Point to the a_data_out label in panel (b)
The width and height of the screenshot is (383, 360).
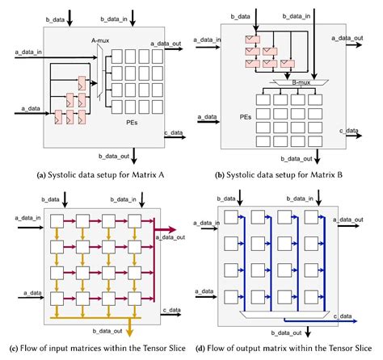click(x=355, y=37)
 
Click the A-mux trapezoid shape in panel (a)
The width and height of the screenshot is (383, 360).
click(x=100, y=72)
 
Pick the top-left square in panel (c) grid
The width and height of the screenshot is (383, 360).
click(x=54, y=220)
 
